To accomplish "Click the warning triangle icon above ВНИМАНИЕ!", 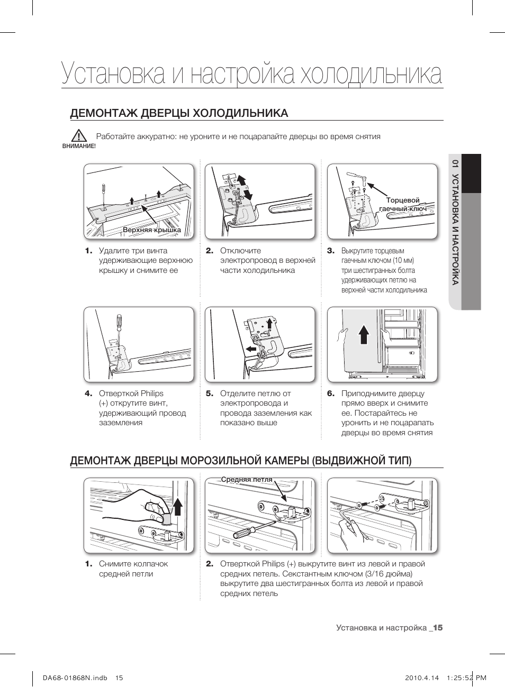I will pyautogui.click(x=79, y=135).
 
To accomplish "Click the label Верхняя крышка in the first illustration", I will pyautogui.click(x=152, y=230).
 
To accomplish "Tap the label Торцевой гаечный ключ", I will pyautogui.click(x=403, y=205).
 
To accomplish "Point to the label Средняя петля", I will pyautogui.click(x=246, y=480).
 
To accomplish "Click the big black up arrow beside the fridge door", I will pyautogui.click(x=364, y=334).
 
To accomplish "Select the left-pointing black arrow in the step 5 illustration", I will pyautogui.click(x=251, y=349).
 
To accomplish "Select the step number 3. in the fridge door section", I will pyautogui.click(x=331, y=251).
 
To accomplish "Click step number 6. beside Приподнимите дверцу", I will pyautogui.click(x=331, y=393).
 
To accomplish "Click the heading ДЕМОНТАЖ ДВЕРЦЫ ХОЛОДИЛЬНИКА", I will pyautogui.click(x=179, y=113).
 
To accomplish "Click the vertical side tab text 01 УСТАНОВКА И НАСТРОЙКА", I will pyautogui.click(x=454, y=222).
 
